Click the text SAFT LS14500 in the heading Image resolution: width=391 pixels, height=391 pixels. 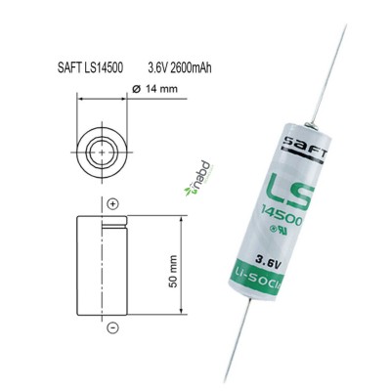point(90,68)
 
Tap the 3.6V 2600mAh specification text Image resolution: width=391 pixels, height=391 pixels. point(180,68)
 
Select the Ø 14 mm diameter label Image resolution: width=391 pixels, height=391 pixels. point(155,89)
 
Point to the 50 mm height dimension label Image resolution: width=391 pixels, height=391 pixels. point(173,271)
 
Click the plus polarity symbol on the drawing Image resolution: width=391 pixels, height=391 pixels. point(112,204)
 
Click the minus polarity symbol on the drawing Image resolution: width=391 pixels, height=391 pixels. point(112,327)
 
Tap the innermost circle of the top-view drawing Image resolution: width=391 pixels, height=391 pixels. point(103,152)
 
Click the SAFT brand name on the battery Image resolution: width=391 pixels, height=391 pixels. point(304,146)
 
